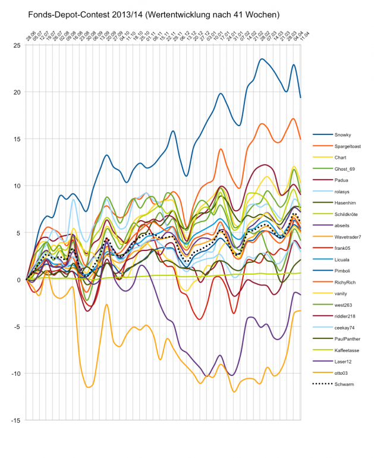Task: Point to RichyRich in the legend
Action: tap(344, 282)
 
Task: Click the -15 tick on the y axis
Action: tap(17, 420)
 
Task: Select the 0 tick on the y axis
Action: tap(20, 280)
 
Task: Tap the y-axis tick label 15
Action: tap(18, 139)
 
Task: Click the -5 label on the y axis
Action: tap(18, 327)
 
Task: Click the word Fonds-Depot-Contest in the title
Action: tap(65, 13)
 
